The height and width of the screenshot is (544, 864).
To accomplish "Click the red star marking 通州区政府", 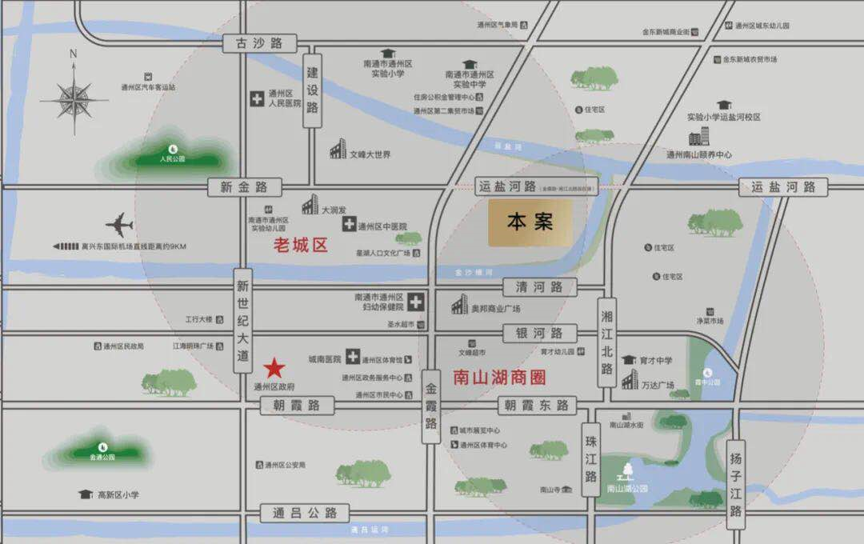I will click(274, 368).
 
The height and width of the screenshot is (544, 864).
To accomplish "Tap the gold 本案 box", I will click(530, 222).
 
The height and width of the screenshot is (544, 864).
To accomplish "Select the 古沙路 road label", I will click(259, 43).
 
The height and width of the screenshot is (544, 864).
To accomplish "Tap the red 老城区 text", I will click(301, 245).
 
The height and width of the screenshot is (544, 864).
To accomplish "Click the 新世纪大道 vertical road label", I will click(244, 320).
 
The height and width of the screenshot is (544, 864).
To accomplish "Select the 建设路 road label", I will click(313, 90).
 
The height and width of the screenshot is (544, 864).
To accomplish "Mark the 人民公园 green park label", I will click(172, 158).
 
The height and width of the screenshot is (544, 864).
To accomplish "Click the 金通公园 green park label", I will click(102, 456).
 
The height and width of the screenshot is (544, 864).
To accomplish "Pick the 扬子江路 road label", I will click(736, 483).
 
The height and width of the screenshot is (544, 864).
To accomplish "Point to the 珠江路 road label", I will click(591, 459).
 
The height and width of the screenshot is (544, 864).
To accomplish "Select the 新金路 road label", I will click(245, 187).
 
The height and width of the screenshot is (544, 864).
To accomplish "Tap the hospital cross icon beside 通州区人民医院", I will click(257, 99).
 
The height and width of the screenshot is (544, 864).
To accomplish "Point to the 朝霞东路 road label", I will click(536, 406).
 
